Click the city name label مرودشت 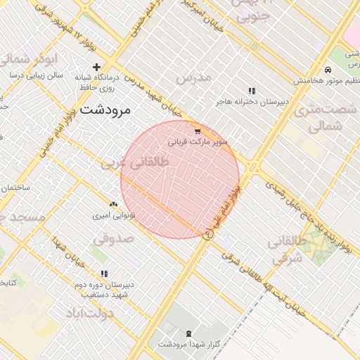(106, 110)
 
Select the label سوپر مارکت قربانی (198, 141)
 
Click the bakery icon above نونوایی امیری (113, 205)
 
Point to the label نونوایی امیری (114, 215)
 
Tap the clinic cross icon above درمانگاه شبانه (96, 67)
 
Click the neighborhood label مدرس (193, 78)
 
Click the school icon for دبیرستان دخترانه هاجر (252, 91)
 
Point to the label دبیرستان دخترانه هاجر (252, 101)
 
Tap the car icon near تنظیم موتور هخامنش (328, 70)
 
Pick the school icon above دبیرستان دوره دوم (104, 274)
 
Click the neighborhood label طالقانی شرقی (287, 250)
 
